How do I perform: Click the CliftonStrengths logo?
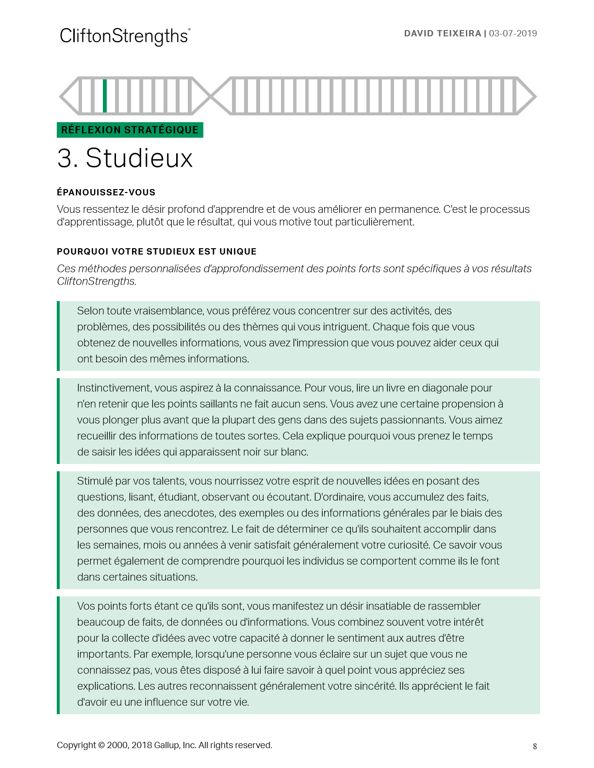pos(125,36)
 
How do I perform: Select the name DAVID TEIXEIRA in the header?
pos(443,33)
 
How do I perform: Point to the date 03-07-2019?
pos(513,33)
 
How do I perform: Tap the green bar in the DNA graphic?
pos(105,96)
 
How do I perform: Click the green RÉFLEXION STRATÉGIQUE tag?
pos(130,130)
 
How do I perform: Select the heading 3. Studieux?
pos(125,158)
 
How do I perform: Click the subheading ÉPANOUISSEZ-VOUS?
pos(106,192)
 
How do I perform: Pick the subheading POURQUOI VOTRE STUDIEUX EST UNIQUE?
pos(156,252)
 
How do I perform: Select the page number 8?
pos(535,746)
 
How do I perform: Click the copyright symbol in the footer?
pos(101,745)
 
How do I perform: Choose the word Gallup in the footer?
pos(166,745)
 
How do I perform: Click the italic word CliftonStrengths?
pos(96,281)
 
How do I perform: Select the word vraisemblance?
pos(163,311)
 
